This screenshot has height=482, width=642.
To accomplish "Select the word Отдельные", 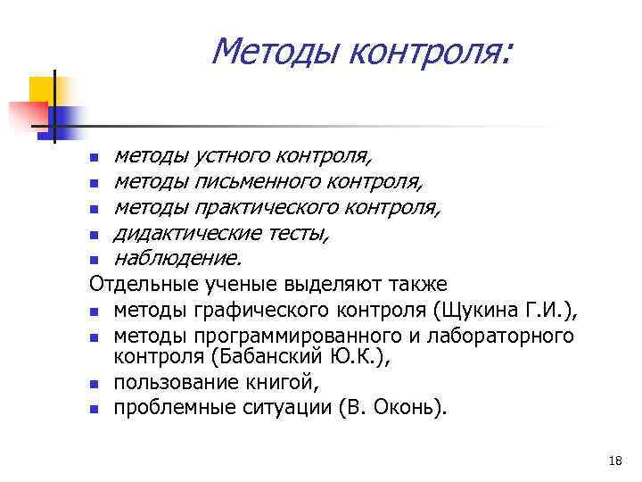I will coord(142,285).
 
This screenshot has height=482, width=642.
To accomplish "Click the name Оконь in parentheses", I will coord(409,409).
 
